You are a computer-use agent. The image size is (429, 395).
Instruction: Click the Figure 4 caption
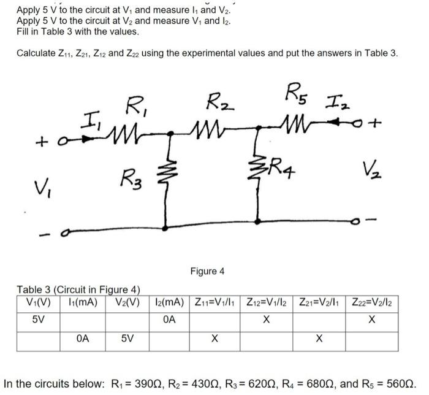point(207,270)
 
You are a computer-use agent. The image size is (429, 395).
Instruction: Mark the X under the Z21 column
point(319,337)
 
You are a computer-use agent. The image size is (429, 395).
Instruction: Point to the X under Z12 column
point(265,319)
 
